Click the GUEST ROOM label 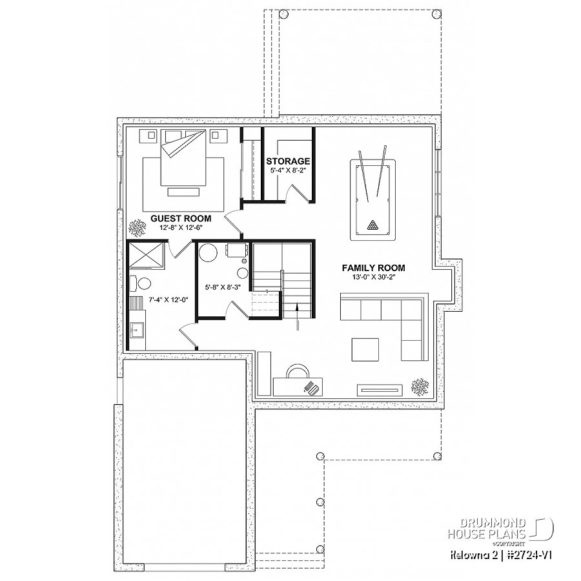point(181,219)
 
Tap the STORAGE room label point(288,161)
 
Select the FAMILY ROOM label point(374,268)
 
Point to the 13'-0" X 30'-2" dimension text point(374,277)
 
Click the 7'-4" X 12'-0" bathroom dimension point(168,300)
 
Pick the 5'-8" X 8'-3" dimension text point(223,287)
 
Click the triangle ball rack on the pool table point(372,225)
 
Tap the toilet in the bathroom point(141,283)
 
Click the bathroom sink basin point(136,329)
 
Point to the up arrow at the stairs point(297,316)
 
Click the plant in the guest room point(137,229)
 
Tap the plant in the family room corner point(420,387)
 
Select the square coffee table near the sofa point(365,349)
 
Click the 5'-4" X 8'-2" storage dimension point(288,171)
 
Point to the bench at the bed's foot point(183,192)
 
